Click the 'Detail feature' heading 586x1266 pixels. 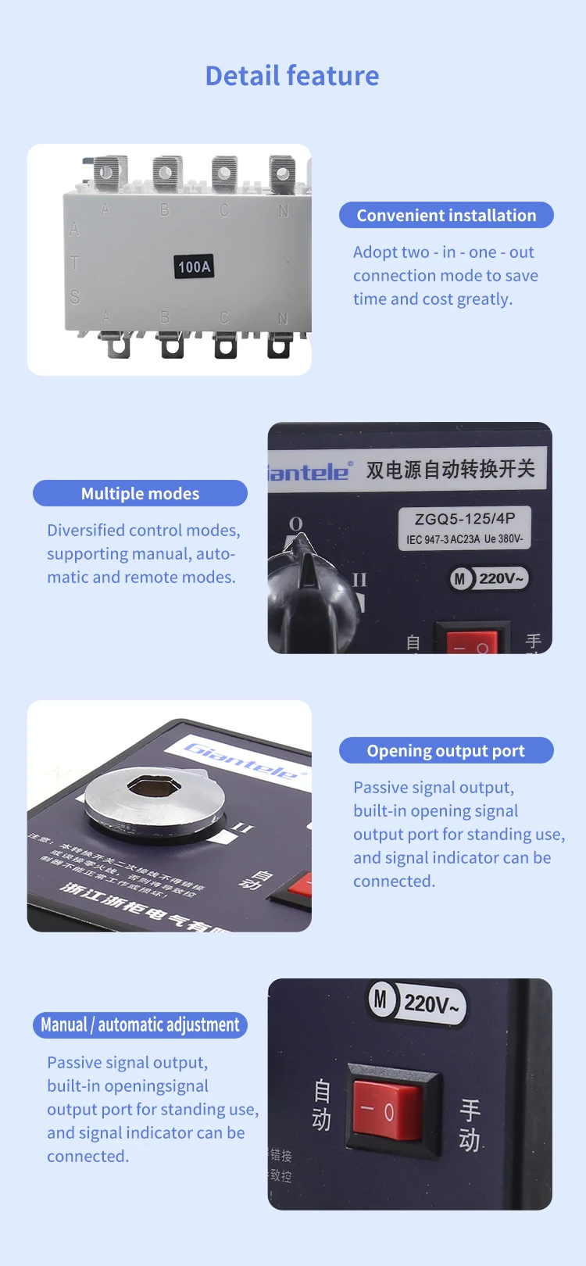292,76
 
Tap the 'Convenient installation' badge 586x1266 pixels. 446,216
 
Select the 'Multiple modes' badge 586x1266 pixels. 140,493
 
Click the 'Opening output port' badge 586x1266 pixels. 446,750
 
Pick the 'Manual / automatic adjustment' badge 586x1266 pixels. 140,1025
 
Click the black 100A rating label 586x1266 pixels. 194,266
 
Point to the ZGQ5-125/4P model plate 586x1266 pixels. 465,527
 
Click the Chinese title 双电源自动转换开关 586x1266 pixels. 451,469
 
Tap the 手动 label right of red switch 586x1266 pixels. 470,1125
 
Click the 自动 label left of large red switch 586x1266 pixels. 322,1105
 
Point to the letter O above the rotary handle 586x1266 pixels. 296,523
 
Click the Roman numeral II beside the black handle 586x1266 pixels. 359,579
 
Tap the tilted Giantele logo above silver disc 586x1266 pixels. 243,760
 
